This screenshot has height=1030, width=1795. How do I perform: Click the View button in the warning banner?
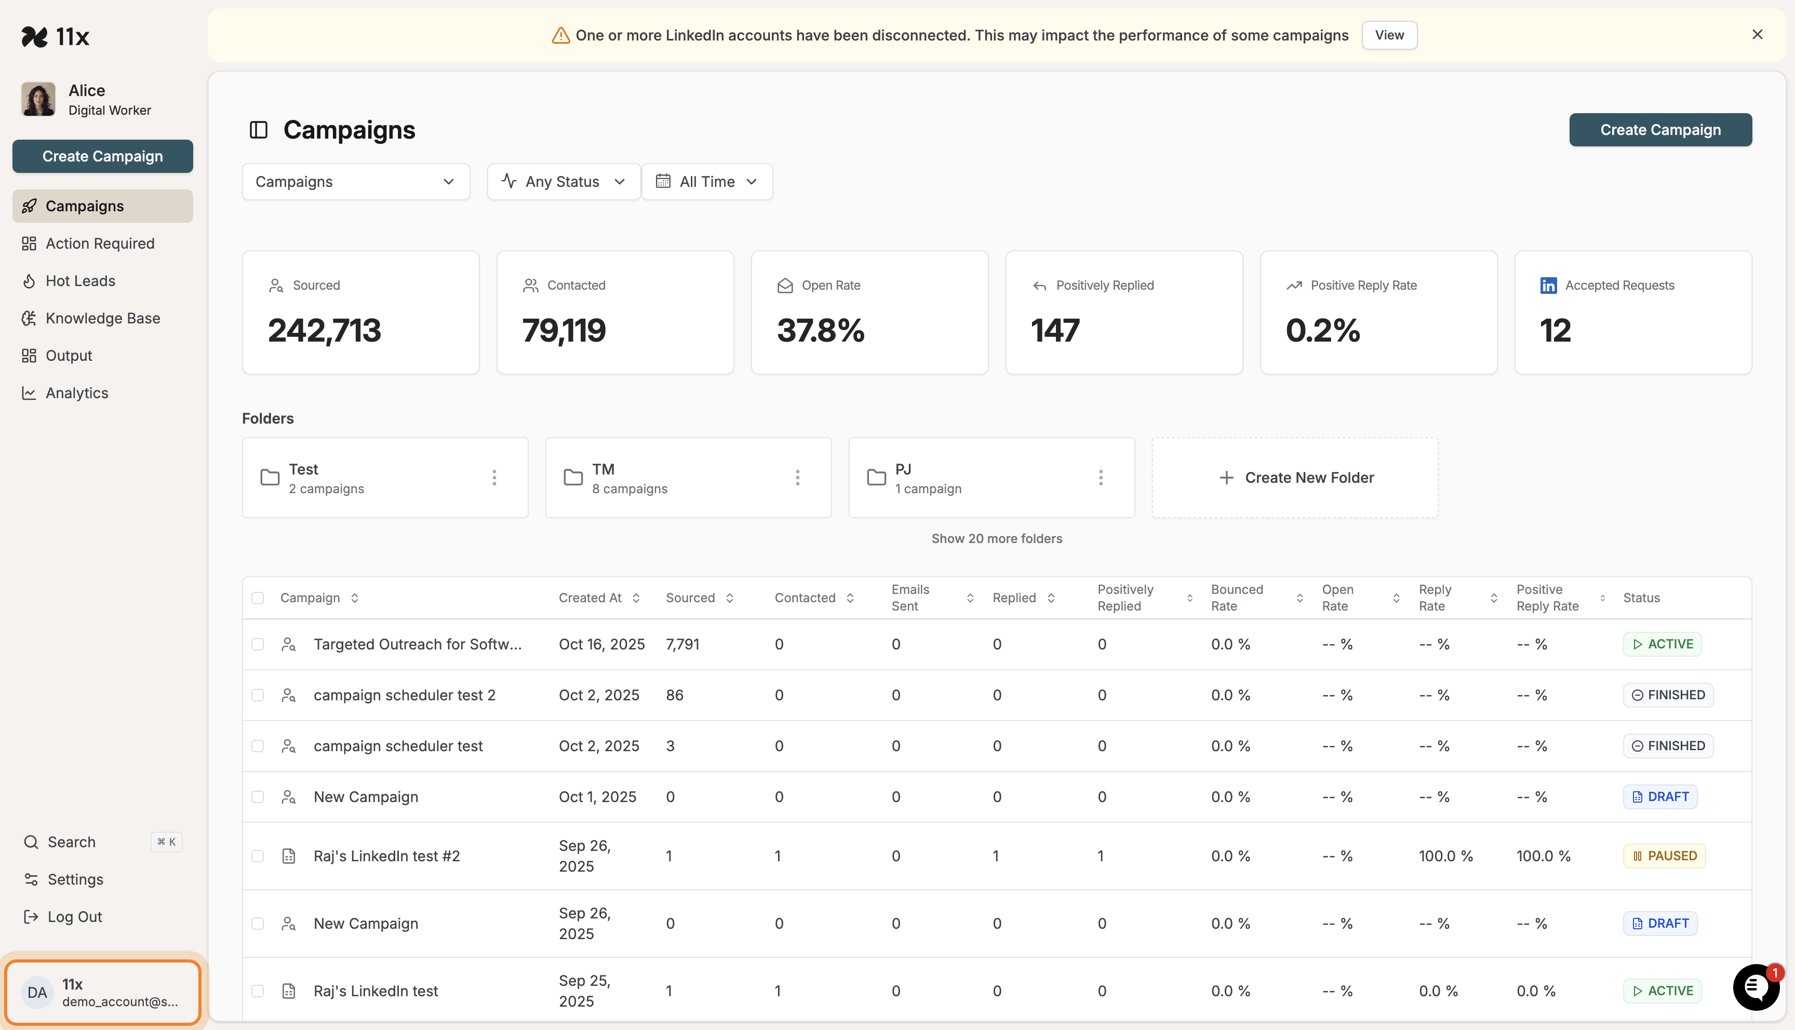1388,35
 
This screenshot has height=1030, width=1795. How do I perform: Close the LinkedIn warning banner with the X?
1757,35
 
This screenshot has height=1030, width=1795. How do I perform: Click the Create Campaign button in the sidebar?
103,156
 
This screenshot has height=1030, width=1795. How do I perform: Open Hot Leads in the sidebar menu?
80,281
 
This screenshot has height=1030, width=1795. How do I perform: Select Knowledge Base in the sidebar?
103,318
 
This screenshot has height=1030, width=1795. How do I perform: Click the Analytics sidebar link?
76,394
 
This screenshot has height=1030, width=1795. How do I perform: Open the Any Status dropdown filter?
563,182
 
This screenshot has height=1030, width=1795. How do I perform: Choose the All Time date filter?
706,182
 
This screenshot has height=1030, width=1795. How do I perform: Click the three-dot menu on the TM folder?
797,478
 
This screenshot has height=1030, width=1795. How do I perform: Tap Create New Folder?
1295,478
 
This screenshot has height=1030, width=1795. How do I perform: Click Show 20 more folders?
996,538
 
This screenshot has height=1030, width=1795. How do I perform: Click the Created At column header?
591,598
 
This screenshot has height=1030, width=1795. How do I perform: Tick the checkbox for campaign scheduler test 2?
258,695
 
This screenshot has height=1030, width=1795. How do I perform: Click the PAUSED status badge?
1664,856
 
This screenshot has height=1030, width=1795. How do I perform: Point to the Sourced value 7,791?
682,644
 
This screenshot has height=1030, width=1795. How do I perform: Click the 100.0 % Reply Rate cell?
1445,856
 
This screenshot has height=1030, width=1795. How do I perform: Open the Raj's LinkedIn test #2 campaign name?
386,856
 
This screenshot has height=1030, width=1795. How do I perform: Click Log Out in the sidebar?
74,917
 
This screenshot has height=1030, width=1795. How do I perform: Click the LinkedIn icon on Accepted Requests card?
1548,285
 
